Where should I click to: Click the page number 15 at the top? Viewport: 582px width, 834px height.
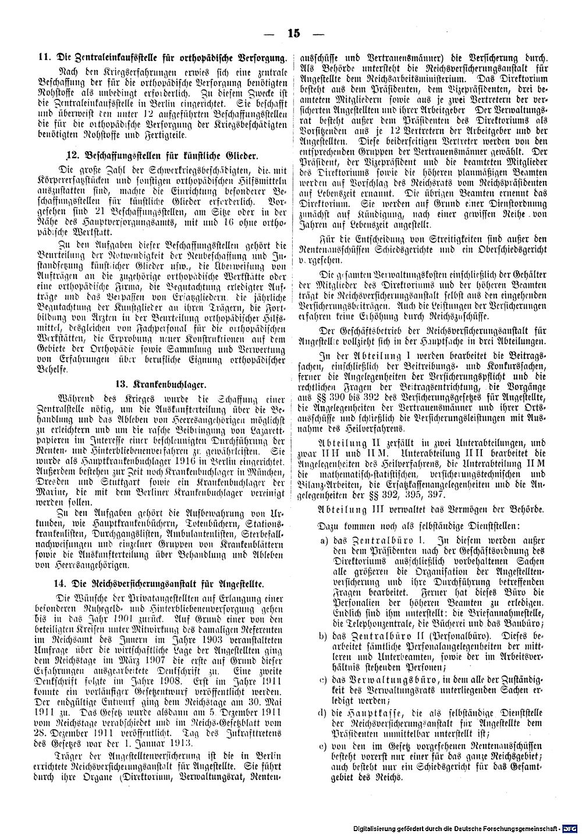pos(292,33)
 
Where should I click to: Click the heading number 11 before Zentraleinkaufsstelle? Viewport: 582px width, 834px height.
pos(42,58)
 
